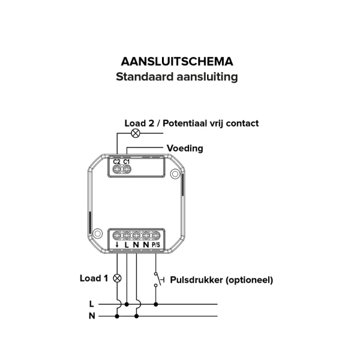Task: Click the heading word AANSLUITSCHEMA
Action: pyautogui.click(x=177, y=62)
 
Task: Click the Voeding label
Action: pyautogui.click(x=185, y=148)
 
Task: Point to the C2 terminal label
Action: pyautogui.click(x=117, y=162)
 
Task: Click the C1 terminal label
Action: pyautogui.click(x=127, y=162)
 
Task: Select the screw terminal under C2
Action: pyautogui.click(x=117, y=170)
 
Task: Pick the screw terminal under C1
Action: pyautogui.click(x=127, y=170)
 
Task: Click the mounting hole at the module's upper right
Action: pyautogui.click(x=175, y=175)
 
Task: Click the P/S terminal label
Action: pyautogui.click(x=156, y=245)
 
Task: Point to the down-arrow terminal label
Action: pyautogui.click(x=116, y=245)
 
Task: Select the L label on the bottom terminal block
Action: pyautogui.click(x=127, y=245)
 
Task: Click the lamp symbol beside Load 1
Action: pyautogui.click(x=117, y=278)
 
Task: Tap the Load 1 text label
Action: pyautogui.click(x=94, y=278)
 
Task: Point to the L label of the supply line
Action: pyautogui.click(x=91, y=304)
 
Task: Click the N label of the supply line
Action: pyautogui.click(x=91, y=316)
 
